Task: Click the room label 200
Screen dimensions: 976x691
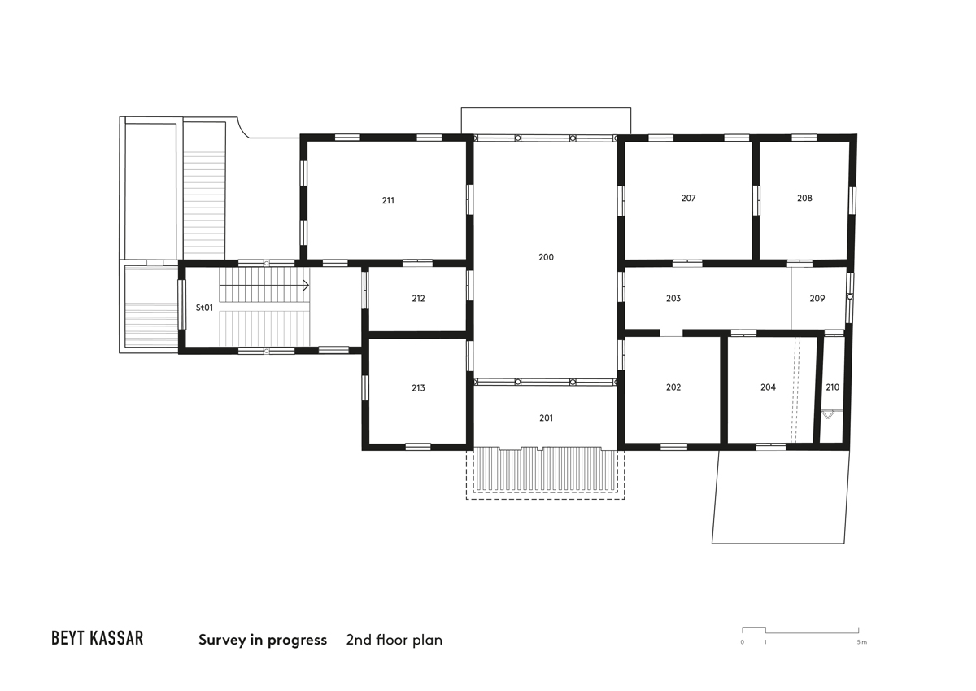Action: (x=546, y=257)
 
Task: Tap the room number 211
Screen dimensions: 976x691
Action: (x=388, y=200)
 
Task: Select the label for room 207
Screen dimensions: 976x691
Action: (x=688, y=199)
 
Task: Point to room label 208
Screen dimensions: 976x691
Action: (x=804, y=199)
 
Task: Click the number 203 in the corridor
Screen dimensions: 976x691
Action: (x=673, y=299)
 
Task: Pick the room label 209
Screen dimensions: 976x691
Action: (x=817, y=299)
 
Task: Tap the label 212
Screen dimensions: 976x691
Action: (x=418, y=299)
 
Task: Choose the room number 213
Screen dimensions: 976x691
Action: (x=418, y=388)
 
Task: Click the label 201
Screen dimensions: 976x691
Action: (x=546, y=418)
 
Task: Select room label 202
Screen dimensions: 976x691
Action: (x=673, y=387)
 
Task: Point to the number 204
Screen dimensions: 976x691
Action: (x=768, y=387)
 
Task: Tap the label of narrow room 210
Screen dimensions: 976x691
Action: (x=832, y=387)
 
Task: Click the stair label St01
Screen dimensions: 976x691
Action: (x=204, y=308)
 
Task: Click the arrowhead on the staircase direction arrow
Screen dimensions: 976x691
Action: (x=307, y=286)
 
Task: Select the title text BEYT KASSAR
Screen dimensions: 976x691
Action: (x=97, y=638)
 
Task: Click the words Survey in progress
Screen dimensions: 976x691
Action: (x=263, y=640)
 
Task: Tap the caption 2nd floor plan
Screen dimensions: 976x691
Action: (x=394, y=640)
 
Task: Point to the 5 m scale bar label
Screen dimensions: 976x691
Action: (x=861, y=642)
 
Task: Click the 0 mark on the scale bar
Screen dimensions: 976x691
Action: (x=742, y=642)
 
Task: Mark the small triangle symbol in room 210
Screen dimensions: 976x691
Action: (x=828, y=414)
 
